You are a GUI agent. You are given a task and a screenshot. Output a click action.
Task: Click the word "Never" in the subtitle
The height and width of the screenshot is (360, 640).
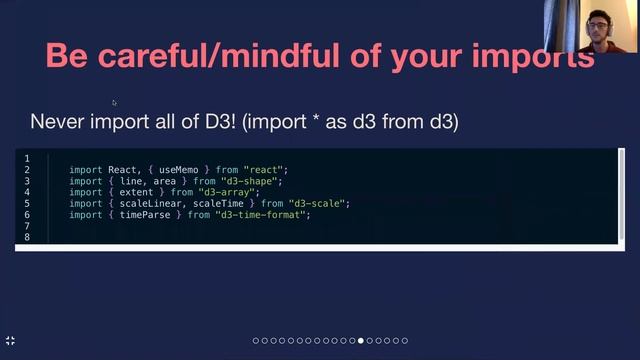click(56, 122)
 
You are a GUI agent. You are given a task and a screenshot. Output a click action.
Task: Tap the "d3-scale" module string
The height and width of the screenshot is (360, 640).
click(318, 203)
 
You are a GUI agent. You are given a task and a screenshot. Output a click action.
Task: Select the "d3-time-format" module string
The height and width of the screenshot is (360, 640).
click(263, 214)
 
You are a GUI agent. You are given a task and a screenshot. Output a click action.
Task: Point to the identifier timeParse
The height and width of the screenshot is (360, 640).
click(148, 214)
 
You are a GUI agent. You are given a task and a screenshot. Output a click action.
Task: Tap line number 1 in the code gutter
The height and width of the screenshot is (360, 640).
click(27, 159)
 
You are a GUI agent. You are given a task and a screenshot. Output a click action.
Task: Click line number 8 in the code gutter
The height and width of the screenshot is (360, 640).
click(27, 237)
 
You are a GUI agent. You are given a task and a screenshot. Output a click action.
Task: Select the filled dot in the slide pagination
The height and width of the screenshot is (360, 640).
click(360, 341)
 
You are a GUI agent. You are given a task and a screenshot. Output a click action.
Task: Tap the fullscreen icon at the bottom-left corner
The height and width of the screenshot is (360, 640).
click(11, 341)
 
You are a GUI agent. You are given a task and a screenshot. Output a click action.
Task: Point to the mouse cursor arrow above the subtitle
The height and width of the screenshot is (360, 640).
click(114, 102)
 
